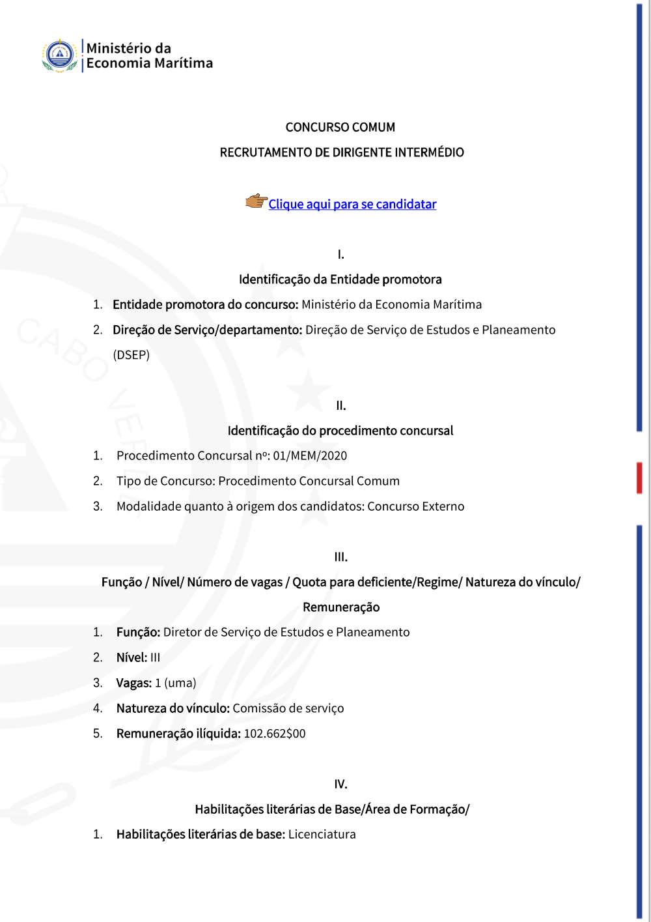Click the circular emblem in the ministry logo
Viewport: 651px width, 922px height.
tap(60, 55)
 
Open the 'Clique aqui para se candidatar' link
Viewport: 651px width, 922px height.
tap(352, 205)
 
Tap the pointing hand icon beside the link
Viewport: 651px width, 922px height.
tap(256, 201)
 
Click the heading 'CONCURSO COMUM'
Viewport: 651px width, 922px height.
tap(340, 127)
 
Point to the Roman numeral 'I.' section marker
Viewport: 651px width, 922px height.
tap(340, 255)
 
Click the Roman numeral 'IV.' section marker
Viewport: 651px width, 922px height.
tap(340, 785)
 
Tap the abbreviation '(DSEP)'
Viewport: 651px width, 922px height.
tap(132, 355)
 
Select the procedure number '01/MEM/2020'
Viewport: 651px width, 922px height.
tap(310, 456)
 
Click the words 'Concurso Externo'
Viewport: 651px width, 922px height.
tap(416, 507)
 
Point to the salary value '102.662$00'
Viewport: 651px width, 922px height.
tap(275, 734)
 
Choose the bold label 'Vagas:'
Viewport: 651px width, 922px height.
tap(134, 684)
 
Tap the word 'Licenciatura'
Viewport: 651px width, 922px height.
tap(322, 835)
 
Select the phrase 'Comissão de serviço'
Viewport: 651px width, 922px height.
tap(288, 709)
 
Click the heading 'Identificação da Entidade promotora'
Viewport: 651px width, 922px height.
tap(340, 280)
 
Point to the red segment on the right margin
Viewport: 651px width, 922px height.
tap(639, 478)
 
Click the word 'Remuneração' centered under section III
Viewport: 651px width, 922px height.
tap(341, 607)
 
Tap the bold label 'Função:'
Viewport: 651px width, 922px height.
tap(138, 633)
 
